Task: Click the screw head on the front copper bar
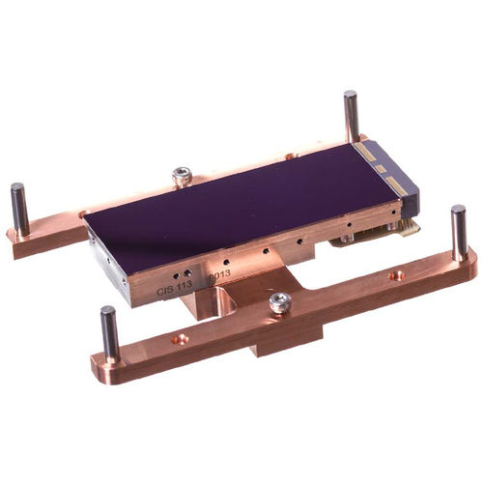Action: tap(280, 302)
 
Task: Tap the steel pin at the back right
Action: tap(351, 116)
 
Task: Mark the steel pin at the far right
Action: tap(459, 232)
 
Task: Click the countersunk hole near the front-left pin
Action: tap(181, 339)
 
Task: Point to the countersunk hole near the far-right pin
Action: tap(396, 275)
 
